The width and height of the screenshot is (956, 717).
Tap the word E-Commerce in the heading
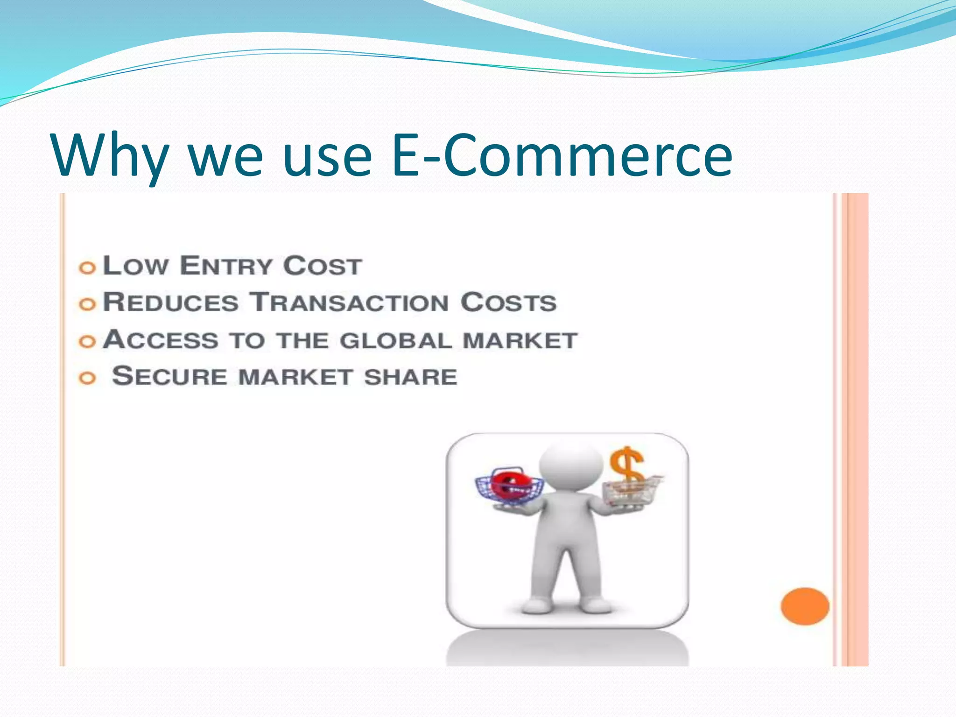[562, 155]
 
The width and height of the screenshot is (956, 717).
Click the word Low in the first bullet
[135, 266]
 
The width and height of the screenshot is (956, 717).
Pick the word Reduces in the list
[171, 302]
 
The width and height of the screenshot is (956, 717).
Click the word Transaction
[349, 302]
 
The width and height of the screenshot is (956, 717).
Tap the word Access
[161, 339]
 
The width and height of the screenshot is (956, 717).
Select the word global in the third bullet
[396, 340]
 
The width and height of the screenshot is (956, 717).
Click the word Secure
[169, 376]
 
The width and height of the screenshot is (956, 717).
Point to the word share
[410, 377]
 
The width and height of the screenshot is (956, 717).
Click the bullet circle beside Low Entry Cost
[87, 268]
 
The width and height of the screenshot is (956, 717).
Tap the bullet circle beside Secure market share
[87, 378]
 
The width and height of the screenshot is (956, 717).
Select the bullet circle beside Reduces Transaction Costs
[87, 304]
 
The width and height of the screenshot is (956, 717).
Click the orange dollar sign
[627, 467]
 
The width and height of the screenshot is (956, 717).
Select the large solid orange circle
[805, 606]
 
